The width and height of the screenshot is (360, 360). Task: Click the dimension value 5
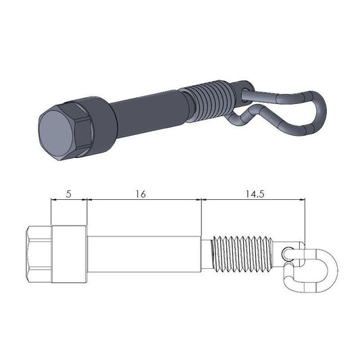coord(69,193)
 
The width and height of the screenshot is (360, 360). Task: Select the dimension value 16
coord(140,193)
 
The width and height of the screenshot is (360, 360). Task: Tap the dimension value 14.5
coord(253,193)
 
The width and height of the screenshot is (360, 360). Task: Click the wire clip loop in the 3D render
coord(297,115)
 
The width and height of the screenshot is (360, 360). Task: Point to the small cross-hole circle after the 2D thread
coord(288,254)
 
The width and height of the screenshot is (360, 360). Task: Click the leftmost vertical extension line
coord(51,213)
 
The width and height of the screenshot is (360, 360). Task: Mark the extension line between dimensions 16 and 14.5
coord(201,216)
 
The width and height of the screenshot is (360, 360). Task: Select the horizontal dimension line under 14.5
coord(253,200)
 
